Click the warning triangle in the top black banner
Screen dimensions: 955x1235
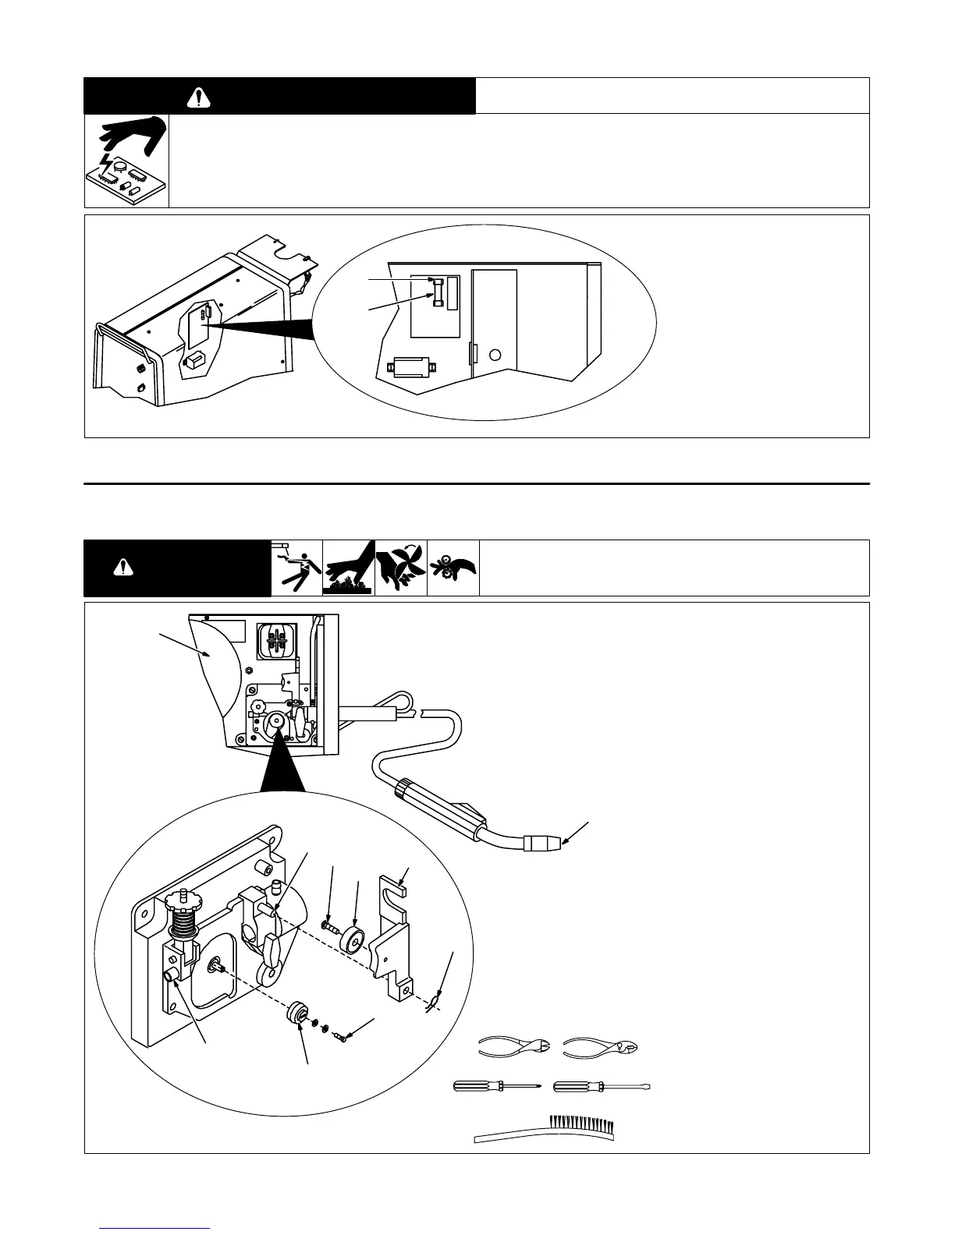(201, 97)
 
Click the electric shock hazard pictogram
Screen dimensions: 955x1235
(296, 568)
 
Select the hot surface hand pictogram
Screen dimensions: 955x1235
(349, 568)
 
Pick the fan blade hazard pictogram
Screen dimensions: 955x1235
(401, 568)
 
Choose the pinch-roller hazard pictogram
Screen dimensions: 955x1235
(453, 568)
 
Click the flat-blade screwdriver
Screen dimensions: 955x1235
(601, 1085)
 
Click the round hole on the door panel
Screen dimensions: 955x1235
(495, 356)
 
